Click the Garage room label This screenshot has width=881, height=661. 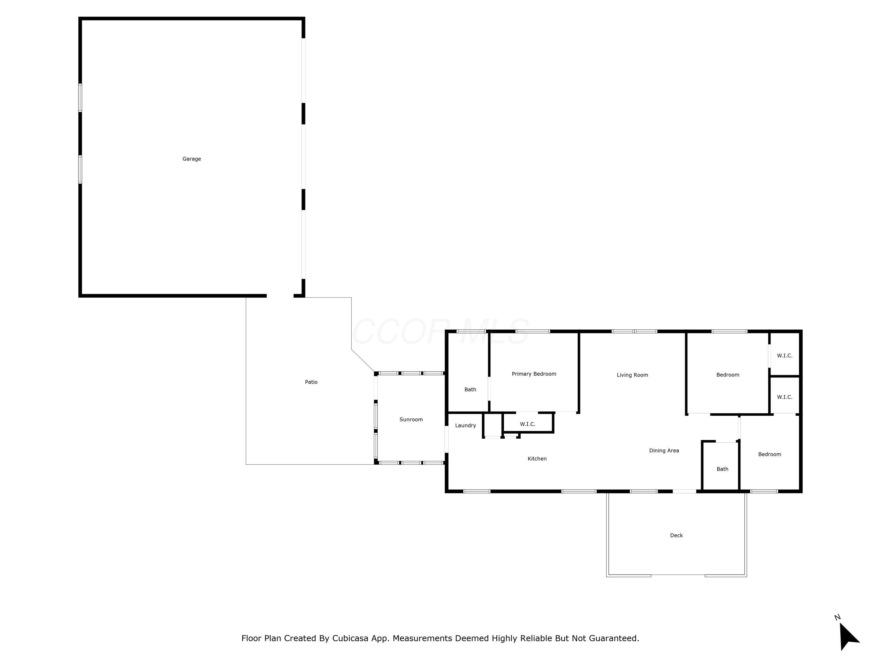pyautogui.click(x=191, y=159)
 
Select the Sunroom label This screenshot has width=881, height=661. pyautogui.click(x=411, y=420)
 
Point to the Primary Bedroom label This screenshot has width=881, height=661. pyautogui.click(x=534, y=374)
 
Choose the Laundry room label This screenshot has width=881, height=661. pyautogui.click(x=465, y=425)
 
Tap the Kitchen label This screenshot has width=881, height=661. pyautogui.click(x=537, y=459)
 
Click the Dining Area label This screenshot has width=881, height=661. pyautogui.click(x=664, y=451)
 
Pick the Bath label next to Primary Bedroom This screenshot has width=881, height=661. pyautogui.click(x=470, y=390)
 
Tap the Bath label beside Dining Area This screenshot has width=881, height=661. pyautogui.click(x=722, y=469)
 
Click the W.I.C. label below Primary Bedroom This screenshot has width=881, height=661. pyautogui.click(x=527, y=424)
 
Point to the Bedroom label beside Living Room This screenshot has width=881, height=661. pyautogui.click(x=728, y=375)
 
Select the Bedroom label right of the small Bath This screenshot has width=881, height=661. pyautogui.click(x=769, y=454)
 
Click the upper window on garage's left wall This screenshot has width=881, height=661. pyautogui.click(x=80, y=98)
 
